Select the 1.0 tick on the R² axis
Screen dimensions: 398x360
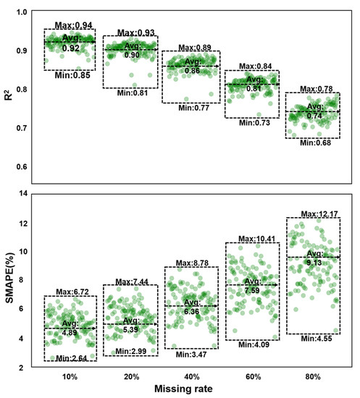click(x=24, y=12)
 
